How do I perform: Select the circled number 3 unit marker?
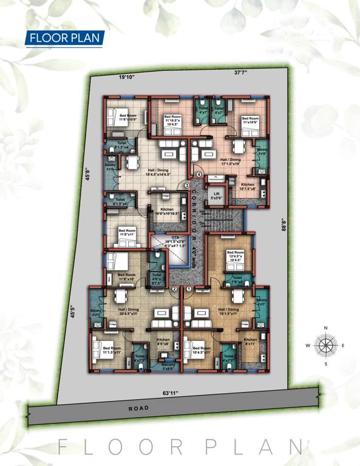click(187, 185)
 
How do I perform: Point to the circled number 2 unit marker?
click(174, 289)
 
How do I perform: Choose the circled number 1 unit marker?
click(188, 289)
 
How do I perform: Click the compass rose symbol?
click(326, 346)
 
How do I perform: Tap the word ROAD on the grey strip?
click(138, 408)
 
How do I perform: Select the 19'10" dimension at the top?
click(126, 77)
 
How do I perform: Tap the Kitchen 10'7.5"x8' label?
click(248, 186)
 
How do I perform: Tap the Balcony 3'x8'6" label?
click(168, 366)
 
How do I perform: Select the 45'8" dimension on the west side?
click(87, 176)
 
